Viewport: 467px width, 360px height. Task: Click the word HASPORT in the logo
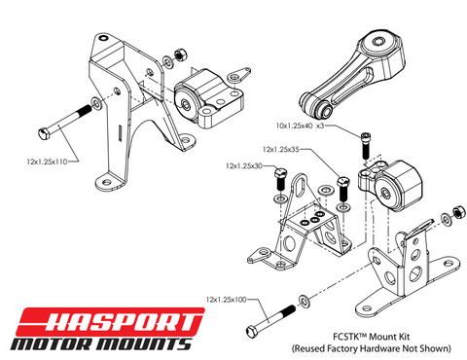[x=116, y=319]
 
